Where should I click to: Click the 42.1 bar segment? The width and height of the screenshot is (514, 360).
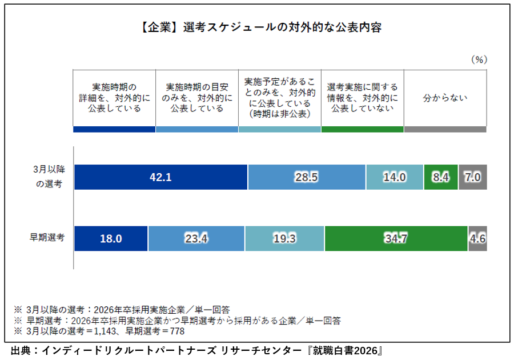(160, 177)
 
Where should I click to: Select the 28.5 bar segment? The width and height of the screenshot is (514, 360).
(307, 177)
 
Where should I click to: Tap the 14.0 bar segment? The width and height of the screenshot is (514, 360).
(394, 177)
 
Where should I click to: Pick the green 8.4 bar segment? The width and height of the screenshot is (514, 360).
(441, 177)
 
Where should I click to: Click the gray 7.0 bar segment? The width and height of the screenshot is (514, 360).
(473, 177)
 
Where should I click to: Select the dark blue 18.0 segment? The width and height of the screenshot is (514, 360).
(111, 238)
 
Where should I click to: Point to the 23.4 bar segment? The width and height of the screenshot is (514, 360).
(196, 238)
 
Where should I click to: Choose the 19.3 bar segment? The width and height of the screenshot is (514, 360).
(284, 238)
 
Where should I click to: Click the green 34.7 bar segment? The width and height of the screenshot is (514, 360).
(396, 238)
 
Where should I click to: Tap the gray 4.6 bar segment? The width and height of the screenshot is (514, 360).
(477, 238)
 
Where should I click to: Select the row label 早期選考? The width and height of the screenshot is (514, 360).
(47, 236)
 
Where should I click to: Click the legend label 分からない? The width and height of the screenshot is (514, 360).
(445, 98)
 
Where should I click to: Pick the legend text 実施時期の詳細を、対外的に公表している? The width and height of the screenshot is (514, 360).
(114, 98)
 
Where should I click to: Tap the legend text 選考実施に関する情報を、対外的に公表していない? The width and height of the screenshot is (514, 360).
(363, 98)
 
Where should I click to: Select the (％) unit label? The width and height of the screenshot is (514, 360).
(479, 59)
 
